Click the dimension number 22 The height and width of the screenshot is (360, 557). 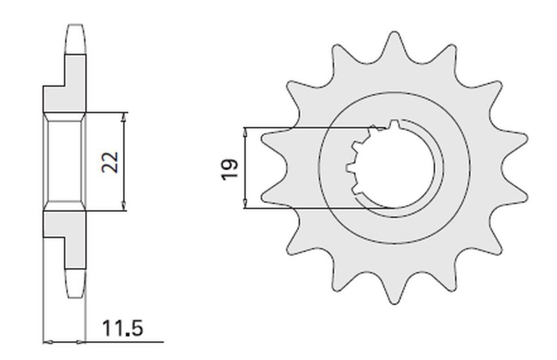click(x=111, y=162)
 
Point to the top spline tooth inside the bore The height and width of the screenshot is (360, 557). click(x=394, y=125)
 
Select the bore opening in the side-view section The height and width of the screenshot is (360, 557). click(x=65, y=162)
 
